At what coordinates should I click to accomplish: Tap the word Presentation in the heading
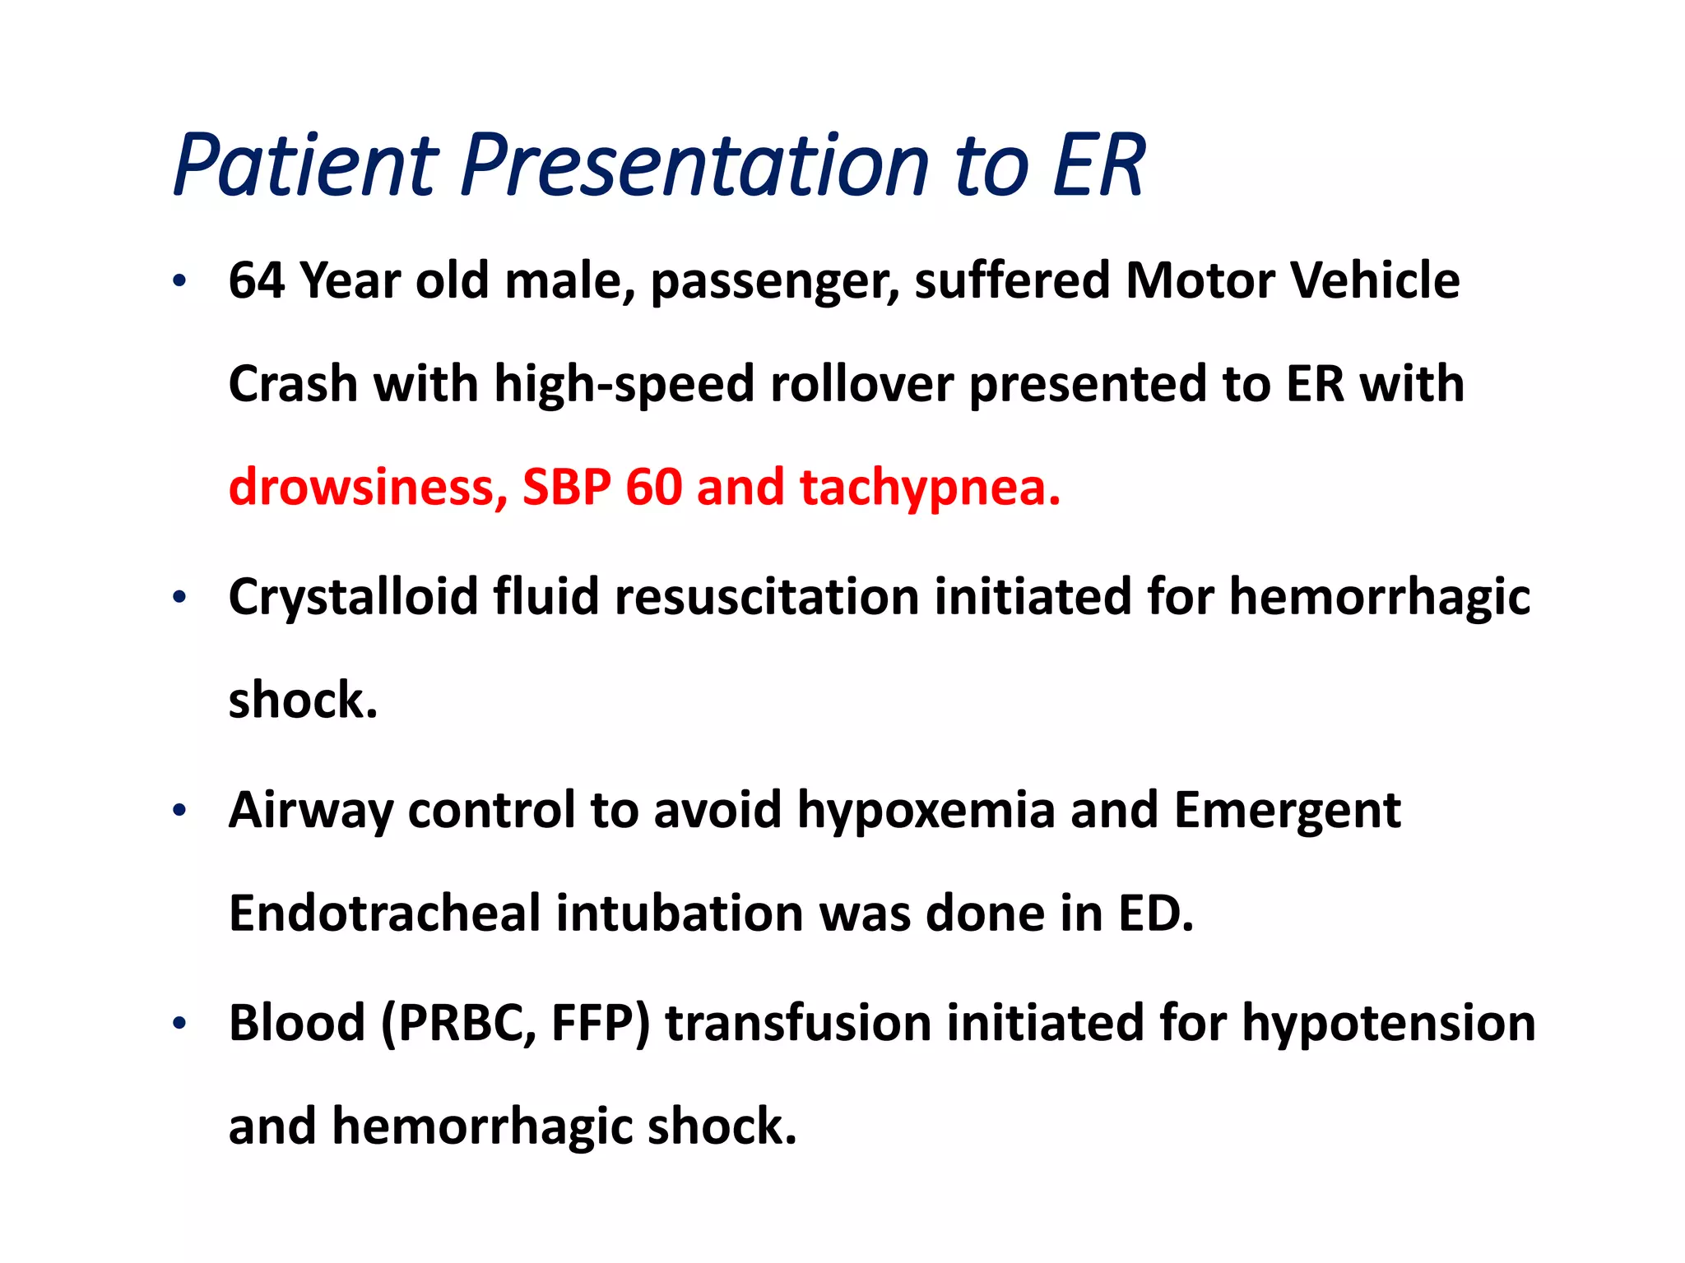pyautogui.click(x=695, y=167)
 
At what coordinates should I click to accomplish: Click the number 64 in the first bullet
pyautogui.click(x=257, y=280)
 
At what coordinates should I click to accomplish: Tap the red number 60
pyautogui.click(x=654, y=487)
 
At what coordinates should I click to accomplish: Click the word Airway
pyautogui.click(x=310, y=811)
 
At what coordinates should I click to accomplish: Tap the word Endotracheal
pyautogui.click(x=384, y=914)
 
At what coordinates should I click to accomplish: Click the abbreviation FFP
pyautogui.click(x=598, y=1024)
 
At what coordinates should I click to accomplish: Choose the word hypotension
pyautogui.click(x=1389, y=1024)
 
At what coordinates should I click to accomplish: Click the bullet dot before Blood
pyautogui.click(x=179, y=1024)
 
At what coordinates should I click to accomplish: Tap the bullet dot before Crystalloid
pyautogui.click(x=179, y=598)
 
